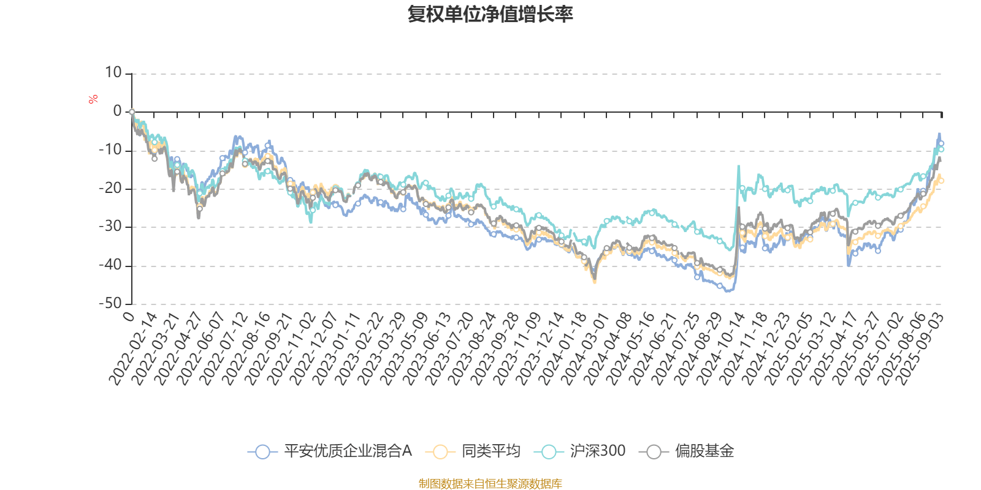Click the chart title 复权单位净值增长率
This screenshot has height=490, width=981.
tap(490, 14)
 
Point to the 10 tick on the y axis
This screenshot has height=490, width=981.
tap(113, 73)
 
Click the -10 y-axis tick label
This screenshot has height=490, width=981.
tap(111, 150)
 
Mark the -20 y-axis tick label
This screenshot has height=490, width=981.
tap(111, 189)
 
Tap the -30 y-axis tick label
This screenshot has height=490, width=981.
tap(111, 227)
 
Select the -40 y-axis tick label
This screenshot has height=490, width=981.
tap(111, 265)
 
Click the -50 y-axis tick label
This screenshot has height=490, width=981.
tap(111, 304)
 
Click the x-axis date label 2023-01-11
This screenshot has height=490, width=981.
tap(337, 349)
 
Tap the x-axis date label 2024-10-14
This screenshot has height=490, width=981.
tap(722, 349)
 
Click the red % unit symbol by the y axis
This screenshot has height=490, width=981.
tap(93, 99)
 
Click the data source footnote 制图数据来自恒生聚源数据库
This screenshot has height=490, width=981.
tap(490, 484)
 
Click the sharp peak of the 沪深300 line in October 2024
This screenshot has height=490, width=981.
tap(738, 165)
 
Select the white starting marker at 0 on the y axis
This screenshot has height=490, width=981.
tap(132, 111)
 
